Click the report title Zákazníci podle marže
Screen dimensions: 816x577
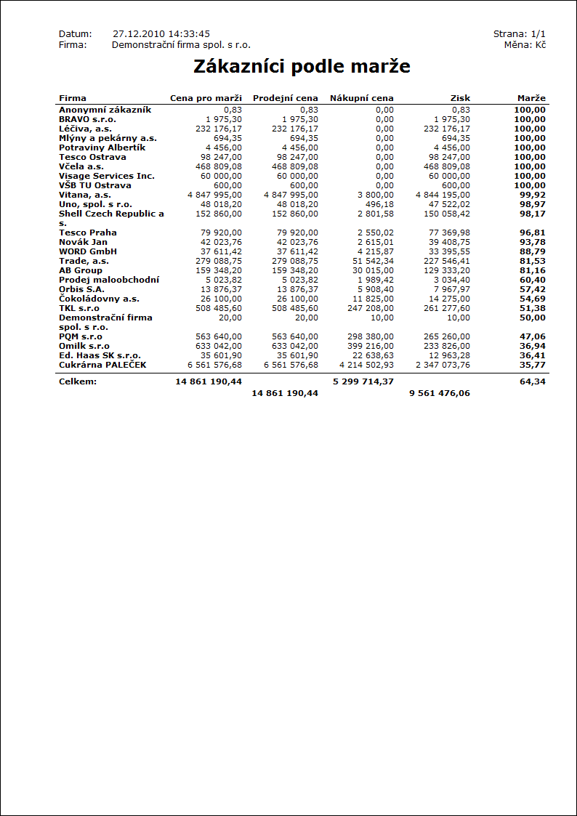[x=302, y=67]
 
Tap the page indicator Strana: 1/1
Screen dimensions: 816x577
[x=519, y=34]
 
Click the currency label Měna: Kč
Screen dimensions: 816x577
[x=525, y=45]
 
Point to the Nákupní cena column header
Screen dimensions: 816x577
[x=361, y=98]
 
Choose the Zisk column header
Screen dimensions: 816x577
[x=460, y=98]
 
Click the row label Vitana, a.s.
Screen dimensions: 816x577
[x=85, y=195]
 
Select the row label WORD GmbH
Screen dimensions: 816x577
[x=88, y=251]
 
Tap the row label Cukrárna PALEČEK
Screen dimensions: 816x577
[x=102, y=365]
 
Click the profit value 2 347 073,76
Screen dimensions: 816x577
[x=443, y=365]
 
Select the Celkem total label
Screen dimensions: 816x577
[x=78, y=381]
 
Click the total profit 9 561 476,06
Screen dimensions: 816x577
[x=439, y=393]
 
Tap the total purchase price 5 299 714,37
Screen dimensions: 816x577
[x=363, y=381]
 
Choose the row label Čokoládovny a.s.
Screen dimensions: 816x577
[x=99, y=299]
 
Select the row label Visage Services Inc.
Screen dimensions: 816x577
[x=107, y=176]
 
